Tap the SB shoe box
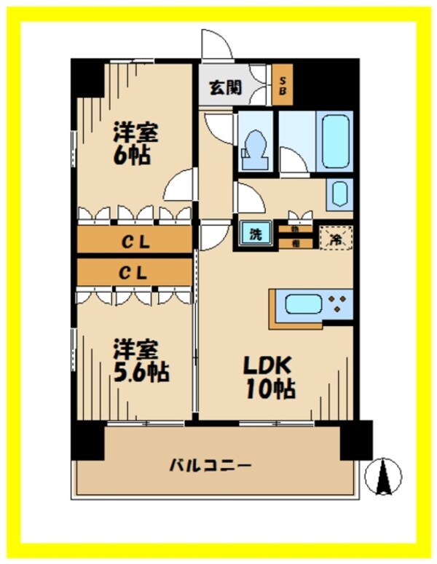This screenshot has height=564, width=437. pos(280,85)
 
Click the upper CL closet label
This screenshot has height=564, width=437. pos(135,242)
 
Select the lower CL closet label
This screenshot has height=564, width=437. pos(135,274)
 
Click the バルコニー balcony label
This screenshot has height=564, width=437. pos(210,464)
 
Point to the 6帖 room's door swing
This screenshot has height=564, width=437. pos(181,186)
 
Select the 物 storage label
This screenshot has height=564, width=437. pos(295,229)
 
